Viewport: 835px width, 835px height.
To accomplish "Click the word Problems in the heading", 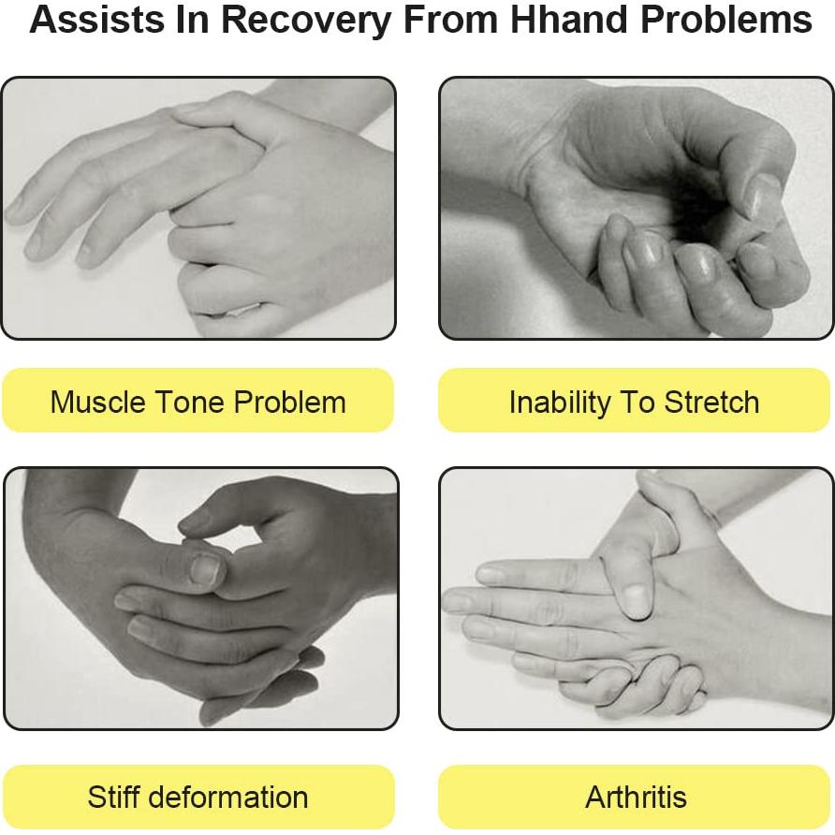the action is click(726, 20).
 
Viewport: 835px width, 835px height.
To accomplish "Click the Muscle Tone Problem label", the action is click(198, 401).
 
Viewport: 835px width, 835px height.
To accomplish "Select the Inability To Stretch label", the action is click(635, 401).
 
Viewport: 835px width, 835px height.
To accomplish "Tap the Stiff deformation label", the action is click(198, 798).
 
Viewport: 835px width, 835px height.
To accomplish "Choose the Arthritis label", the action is click(636, 798).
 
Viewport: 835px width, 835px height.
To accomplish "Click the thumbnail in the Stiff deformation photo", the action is click(206, 569).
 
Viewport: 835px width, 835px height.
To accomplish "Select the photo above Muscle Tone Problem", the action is click(198, 208).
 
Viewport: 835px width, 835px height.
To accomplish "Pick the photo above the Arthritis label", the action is click(636, 598).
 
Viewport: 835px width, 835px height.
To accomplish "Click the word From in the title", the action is click(451, 20).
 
